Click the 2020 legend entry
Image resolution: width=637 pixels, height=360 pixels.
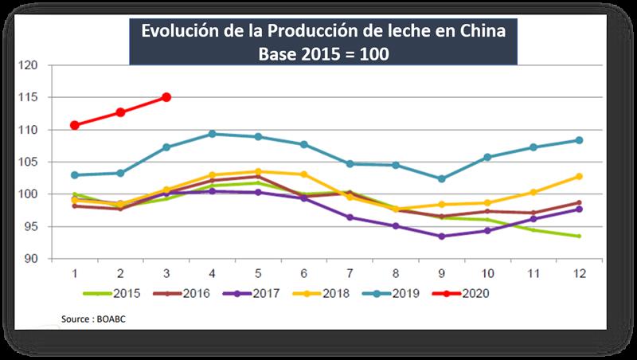(471, 293)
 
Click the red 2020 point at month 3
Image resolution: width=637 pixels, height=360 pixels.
(166, 97)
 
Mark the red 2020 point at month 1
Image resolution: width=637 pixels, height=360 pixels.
(74, 125)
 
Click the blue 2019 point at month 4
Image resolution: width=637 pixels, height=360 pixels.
(212, 134)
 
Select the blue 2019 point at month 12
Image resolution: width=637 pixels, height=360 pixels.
(579, 140)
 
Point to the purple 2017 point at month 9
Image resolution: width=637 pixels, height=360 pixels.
(441, 236)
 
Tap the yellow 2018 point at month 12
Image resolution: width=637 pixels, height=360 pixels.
(579, 176)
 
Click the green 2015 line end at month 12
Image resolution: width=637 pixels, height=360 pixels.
(579, 236)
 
